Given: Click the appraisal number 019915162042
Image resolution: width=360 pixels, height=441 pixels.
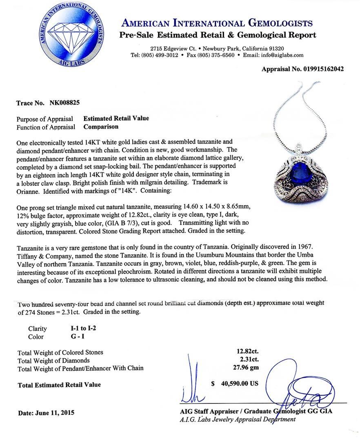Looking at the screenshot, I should (323, 69).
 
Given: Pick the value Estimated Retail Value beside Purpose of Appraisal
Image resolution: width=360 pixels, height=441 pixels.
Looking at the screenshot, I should (116, 118).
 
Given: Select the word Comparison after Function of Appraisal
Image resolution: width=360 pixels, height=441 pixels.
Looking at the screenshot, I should (101, 127).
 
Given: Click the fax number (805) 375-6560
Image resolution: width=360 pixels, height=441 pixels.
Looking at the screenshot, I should (217, 55).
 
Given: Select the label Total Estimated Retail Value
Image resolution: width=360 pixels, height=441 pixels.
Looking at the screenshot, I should (59, 385).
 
